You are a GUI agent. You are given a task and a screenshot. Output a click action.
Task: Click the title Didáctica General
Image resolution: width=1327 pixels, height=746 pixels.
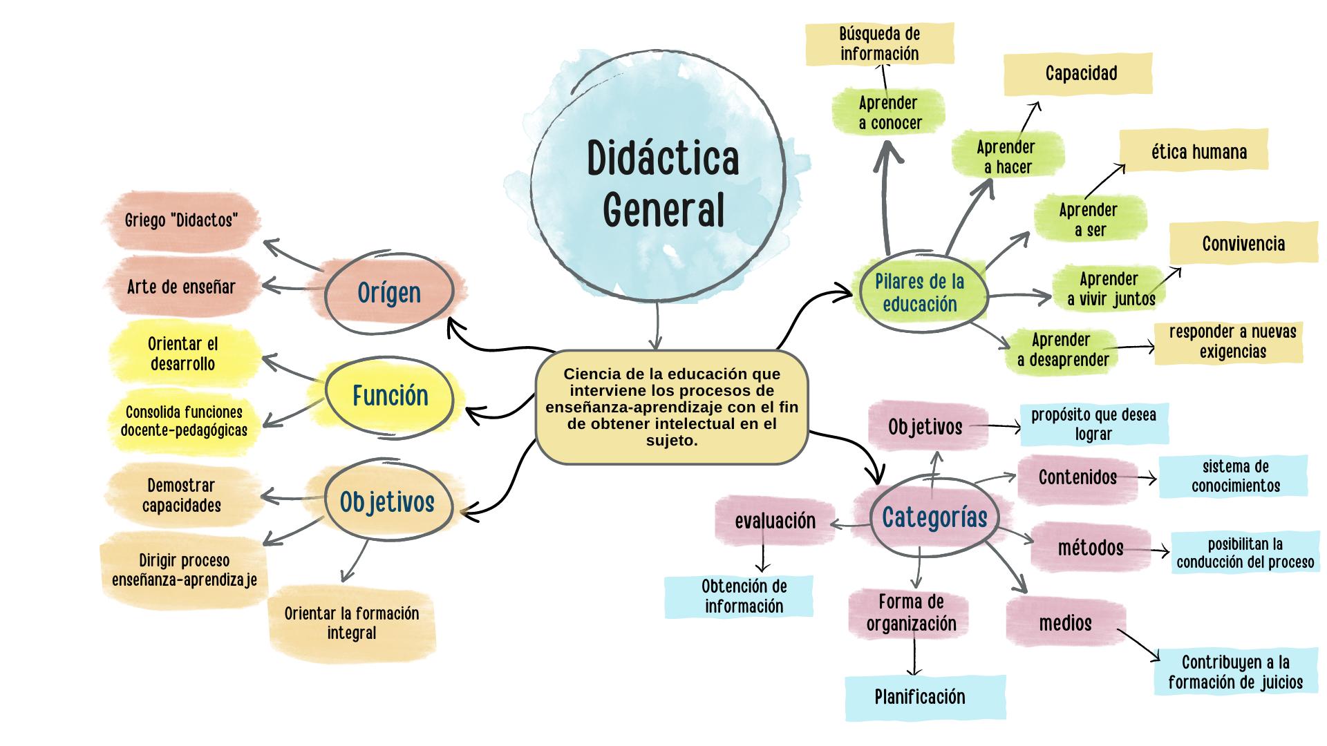point(663,183)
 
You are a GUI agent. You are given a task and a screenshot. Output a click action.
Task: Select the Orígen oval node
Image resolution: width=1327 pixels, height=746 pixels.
point(389,293)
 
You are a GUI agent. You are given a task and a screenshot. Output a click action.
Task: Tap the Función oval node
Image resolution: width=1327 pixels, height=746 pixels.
point(390,396)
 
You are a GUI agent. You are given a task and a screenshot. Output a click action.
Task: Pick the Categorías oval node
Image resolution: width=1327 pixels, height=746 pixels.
point(934,517)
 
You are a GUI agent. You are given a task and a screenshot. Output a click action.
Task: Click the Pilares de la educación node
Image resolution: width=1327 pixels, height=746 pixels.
point(919,293)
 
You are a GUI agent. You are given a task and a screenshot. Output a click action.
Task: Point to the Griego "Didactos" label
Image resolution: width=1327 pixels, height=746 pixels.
point(182,220)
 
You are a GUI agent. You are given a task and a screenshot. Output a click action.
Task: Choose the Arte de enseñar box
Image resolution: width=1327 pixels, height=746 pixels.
point(181,287)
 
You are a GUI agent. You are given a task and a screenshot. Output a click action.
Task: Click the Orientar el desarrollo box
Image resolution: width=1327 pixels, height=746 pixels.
point(182,354)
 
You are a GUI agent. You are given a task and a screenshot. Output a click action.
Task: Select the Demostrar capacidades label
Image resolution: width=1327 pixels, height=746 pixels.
point(181,495)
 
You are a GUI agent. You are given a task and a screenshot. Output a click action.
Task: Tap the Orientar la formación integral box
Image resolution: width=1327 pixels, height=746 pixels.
point(352,623)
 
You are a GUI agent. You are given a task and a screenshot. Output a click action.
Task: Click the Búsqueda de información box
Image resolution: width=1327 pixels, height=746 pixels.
point(879,44)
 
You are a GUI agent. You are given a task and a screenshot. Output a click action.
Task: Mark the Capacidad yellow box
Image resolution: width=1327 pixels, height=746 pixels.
point(1080,73)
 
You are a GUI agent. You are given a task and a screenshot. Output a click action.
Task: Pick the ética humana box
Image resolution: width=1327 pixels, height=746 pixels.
point(1198,152)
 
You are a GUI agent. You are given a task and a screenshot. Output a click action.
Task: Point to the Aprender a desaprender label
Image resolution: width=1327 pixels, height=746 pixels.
point(1062,350)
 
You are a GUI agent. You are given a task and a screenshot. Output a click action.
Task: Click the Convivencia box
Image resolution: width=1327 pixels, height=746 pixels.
point(1243,244)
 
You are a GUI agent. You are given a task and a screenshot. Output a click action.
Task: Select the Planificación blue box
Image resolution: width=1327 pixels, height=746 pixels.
point(919,697)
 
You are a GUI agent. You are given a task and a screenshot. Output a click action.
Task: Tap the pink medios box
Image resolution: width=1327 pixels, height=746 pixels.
point(1065,623)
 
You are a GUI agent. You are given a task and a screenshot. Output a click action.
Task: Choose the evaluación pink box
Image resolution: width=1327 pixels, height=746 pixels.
point(775,522)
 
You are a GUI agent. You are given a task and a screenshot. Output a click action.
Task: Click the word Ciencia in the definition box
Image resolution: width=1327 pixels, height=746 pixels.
point(589,374)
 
